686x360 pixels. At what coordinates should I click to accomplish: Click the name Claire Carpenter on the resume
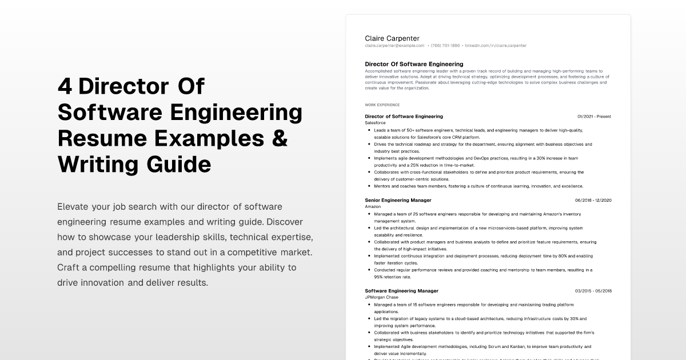392,38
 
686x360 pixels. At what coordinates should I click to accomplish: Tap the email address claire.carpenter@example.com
394,46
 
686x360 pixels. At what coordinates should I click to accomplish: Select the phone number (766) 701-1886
445,46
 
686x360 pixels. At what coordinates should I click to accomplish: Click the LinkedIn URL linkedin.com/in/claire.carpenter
496,46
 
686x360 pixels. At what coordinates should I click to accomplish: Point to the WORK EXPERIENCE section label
382,105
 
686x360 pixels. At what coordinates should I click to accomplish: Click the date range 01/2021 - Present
594,117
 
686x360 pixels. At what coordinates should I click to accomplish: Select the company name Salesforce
375,123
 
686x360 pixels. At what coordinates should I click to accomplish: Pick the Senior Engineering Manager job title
398,200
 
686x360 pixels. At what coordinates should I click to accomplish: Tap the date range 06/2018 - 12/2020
593,200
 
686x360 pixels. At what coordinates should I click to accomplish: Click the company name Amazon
373,206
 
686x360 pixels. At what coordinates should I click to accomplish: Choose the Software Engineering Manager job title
401,291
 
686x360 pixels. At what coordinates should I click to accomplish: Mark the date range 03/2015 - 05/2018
593,291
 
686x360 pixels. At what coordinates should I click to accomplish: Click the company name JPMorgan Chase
381,297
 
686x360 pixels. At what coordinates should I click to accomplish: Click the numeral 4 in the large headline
65,87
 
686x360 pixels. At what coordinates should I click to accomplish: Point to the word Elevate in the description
73,206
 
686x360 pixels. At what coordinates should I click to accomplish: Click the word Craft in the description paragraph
69,267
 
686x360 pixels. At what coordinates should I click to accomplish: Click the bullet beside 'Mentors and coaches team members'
369,186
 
